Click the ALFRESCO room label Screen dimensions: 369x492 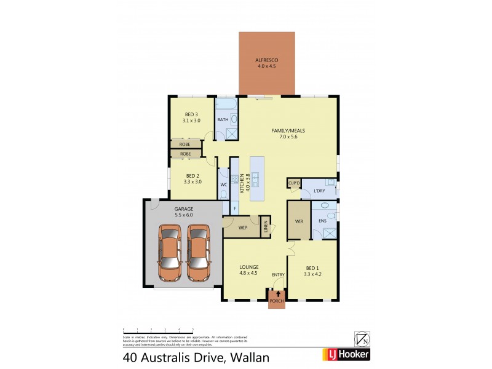point(266,60)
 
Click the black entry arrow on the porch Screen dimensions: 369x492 point(277,295)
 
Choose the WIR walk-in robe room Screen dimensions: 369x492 point(298,220)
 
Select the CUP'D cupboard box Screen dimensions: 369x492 point(293,183)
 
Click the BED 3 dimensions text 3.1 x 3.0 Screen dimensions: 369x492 point(191,121)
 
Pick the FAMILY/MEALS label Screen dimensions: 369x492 point(288,131)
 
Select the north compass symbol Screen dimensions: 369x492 point(362,338)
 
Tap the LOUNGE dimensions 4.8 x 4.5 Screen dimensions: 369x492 point(248,273)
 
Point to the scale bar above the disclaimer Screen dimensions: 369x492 point(158,330)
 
